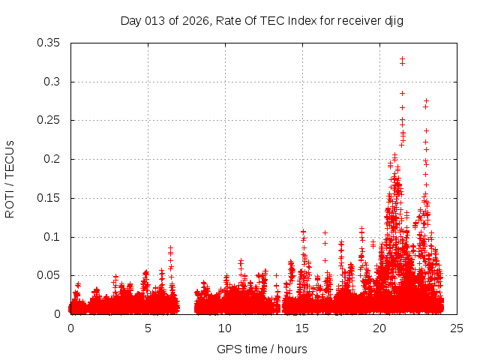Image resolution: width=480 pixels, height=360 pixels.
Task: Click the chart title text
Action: (x=262, y=21)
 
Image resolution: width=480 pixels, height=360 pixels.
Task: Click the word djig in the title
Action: (x=394, y=21)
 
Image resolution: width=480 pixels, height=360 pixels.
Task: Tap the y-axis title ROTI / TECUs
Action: (x=10, y=178)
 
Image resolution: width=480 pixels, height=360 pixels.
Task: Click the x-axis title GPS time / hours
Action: (x=262, y=349)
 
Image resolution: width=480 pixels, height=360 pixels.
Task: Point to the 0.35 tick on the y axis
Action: (x=51, y=43)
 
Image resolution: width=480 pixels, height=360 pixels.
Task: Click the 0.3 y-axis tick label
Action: (x=55, y=82)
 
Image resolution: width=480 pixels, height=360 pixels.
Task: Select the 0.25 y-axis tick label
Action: (x=51, y=120)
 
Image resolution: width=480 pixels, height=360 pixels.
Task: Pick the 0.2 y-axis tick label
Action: (x=55, y=159)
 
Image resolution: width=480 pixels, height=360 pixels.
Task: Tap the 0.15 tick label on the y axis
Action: (x=51, y=198)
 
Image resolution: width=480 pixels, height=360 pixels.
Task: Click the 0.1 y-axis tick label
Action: (x=55, y=237)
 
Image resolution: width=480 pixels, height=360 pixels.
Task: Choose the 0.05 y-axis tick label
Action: (x=51, y=275)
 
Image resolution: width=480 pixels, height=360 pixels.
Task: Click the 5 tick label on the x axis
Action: (x=148, y=328)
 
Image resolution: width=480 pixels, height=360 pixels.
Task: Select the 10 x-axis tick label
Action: (x=225, y=328)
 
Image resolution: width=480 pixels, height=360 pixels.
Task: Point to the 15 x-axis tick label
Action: (x=302, y=328)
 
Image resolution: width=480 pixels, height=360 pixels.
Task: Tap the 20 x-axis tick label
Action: (x=379, y=328)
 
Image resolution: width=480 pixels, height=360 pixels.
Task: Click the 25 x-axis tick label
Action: (x=457, y=328)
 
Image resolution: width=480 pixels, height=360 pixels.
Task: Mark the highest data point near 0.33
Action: (x=402, y=58)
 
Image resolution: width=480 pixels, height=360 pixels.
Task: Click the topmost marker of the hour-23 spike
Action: (x=426, y=100)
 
